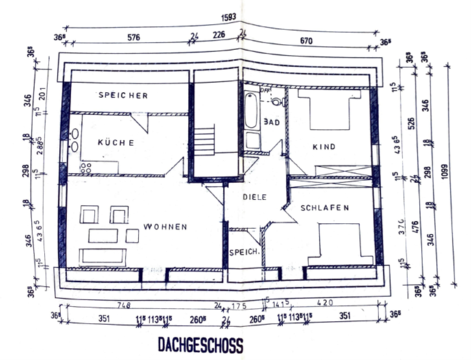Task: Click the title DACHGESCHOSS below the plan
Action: (200, 344)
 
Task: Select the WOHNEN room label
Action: (165, 226)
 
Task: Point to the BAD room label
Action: (272, 122)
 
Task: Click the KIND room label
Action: (324, 147)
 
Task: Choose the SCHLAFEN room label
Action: (325, 207)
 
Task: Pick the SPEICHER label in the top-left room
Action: (123, 95)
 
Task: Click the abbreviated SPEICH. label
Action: (244, 252)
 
